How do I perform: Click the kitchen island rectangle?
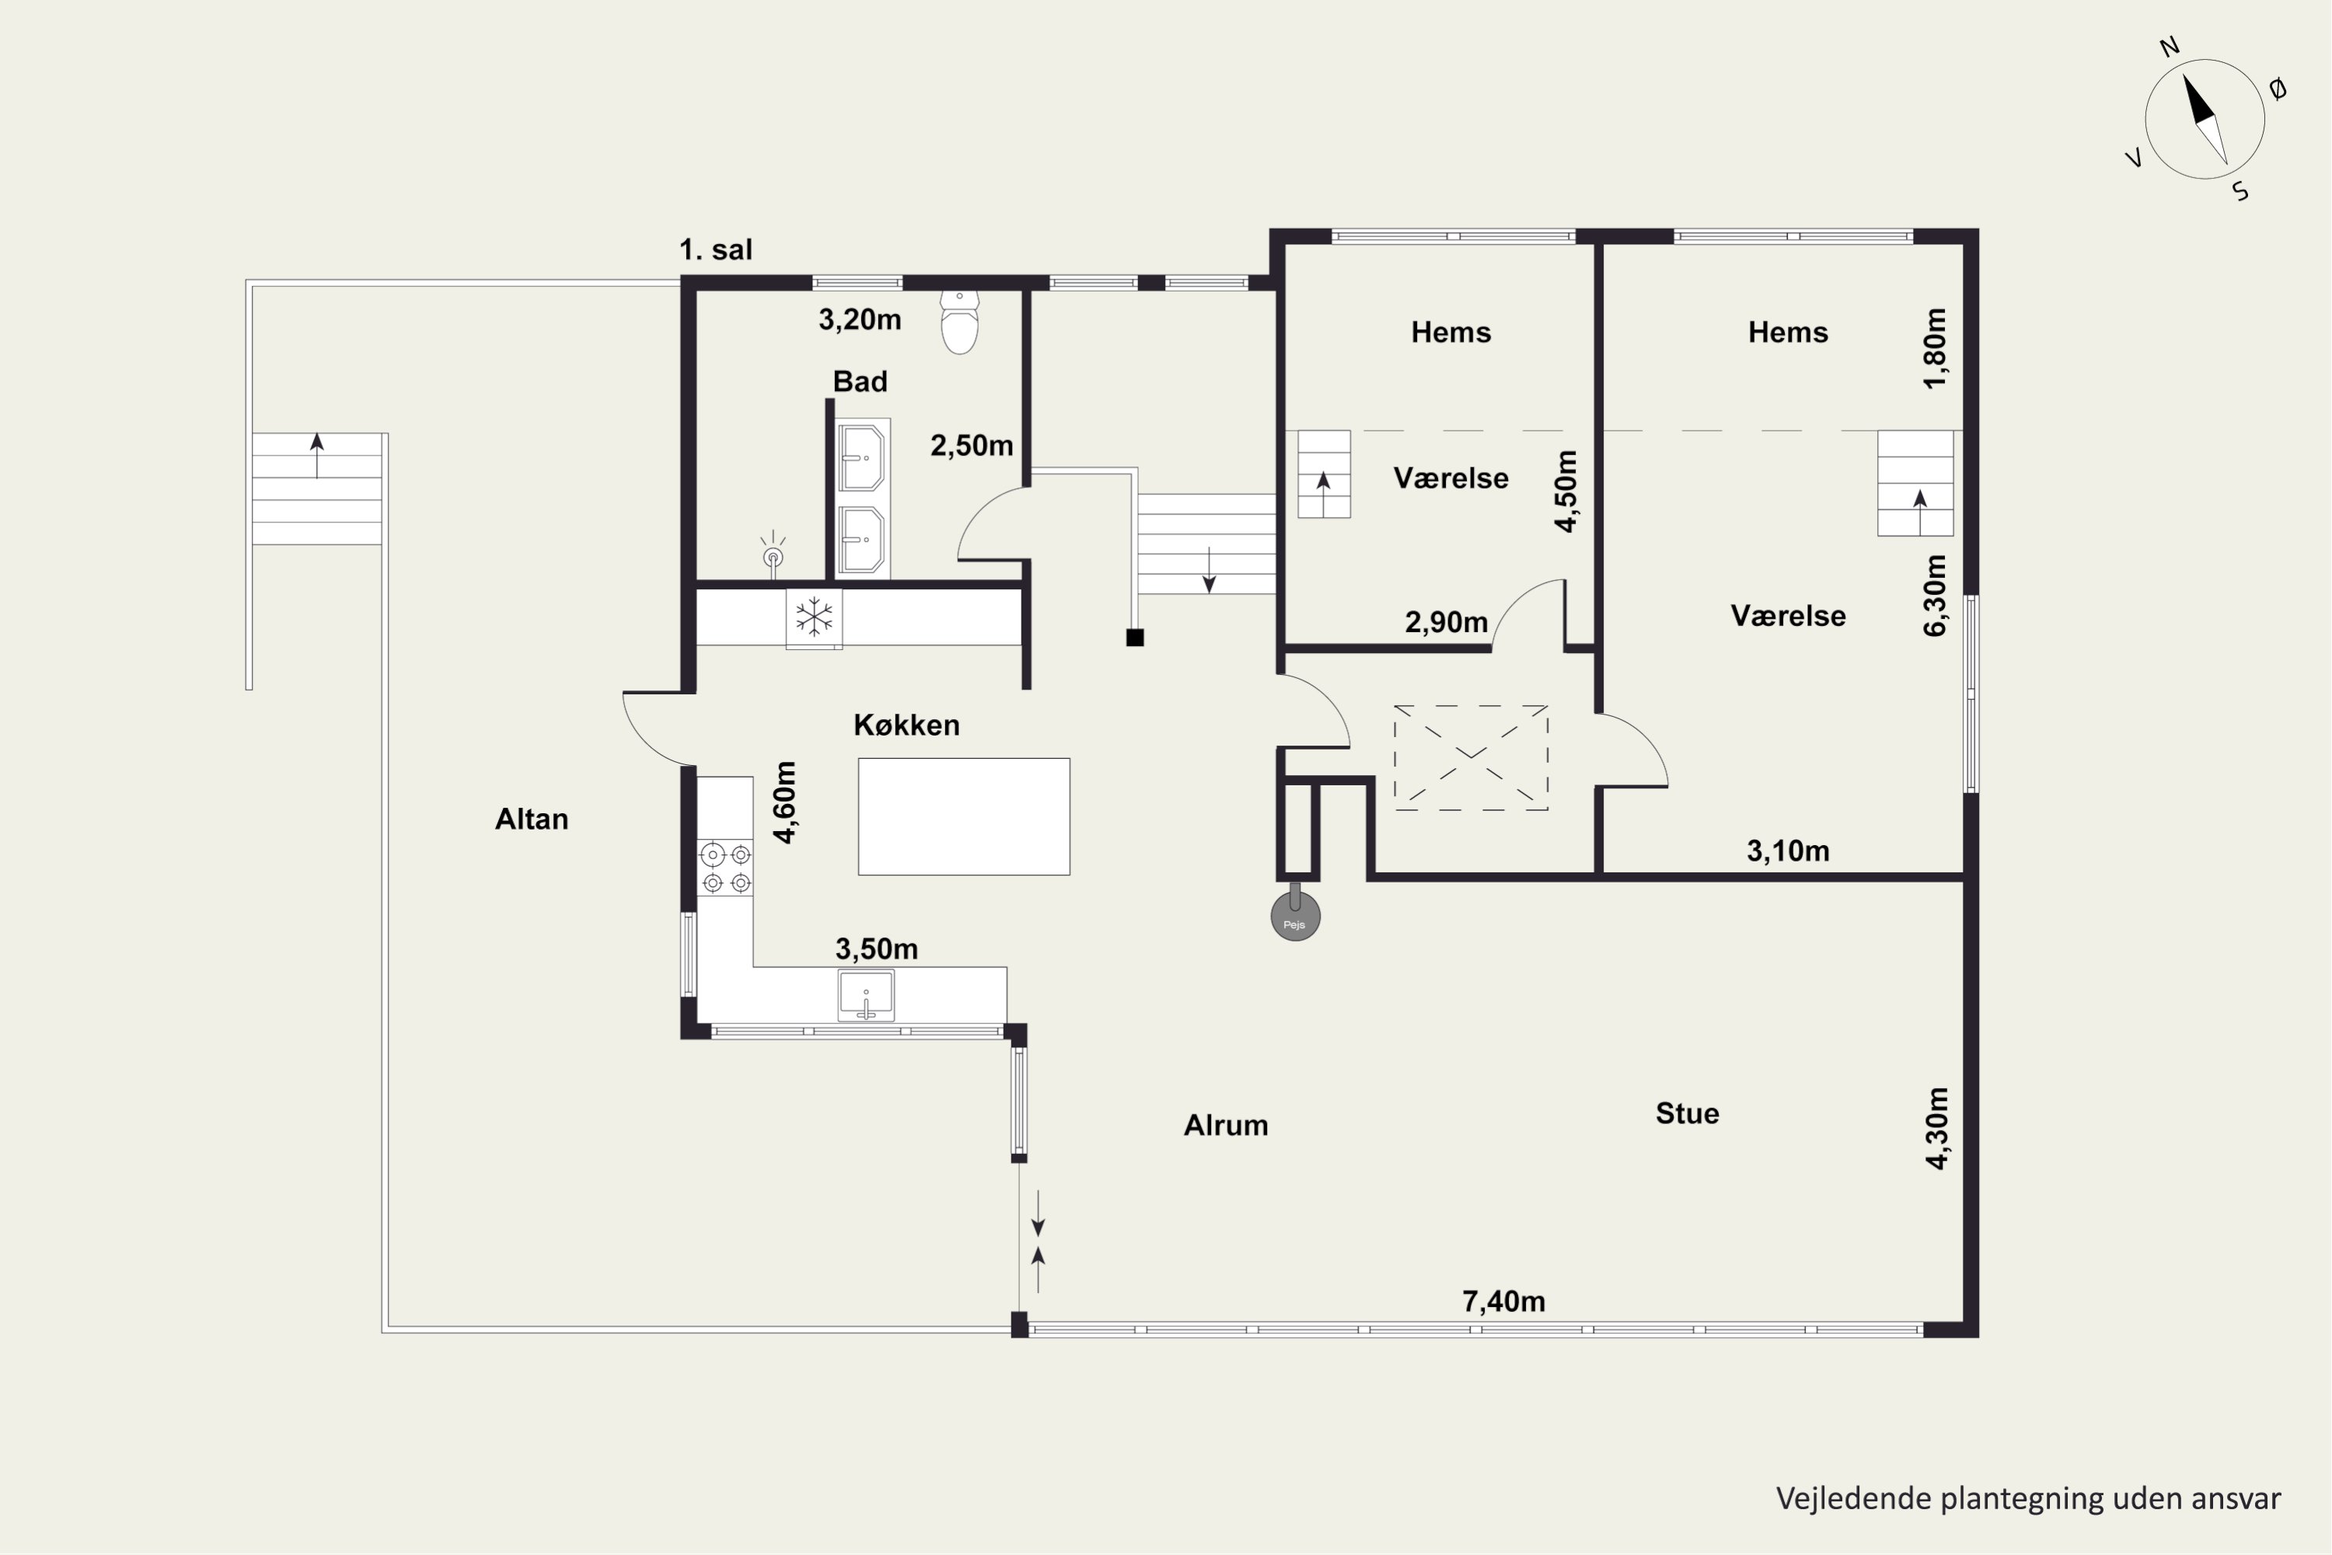(x=964, y=816)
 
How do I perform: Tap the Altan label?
(x=532, y=819)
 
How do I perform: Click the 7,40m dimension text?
(x=1503, y=1301)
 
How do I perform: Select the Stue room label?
(x=1687, y=1113)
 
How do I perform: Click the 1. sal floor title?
(x=716, y=250)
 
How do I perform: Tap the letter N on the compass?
(x=2169, y=47)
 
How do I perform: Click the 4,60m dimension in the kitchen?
(x=784, y=802)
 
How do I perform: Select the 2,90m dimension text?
(x=1446, y=622)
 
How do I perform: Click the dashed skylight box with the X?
(x=1471, y=757)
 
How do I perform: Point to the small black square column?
(x=1135, y=638)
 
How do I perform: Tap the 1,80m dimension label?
(x=1935, y=348)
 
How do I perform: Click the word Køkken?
(x=906, y=725)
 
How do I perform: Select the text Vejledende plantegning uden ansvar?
(x=2027, y=1497)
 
